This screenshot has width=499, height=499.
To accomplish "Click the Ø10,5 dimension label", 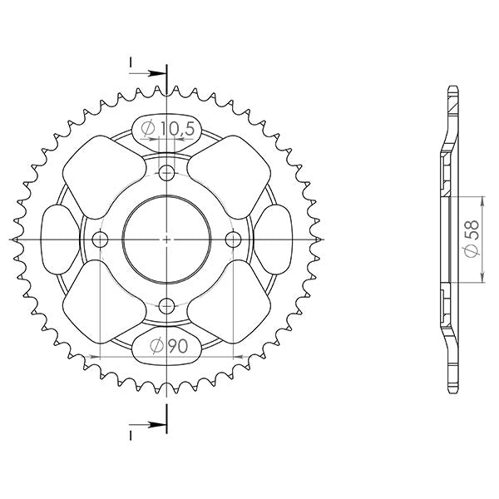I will [166, 128].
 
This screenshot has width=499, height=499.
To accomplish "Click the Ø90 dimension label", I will [167, 347].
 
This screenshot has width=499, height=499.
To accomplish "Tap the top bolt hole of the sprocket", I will [167, 173].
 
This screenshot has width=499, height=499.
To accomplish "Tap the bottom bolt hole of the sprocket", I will [167, 305].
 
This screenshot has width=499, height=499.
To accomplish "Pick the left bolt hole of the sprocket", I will [101, 240].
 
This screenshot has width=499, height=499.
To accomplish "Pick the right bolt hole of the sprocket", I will [234, 240].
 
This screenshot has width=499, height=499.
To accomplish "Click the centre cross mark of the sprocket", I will [167, 240].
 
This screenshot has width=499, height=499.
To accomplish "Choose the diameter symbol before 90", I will [156, 347].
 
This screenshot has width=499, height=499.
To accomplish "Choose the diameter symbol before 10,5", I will [147, 128].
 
